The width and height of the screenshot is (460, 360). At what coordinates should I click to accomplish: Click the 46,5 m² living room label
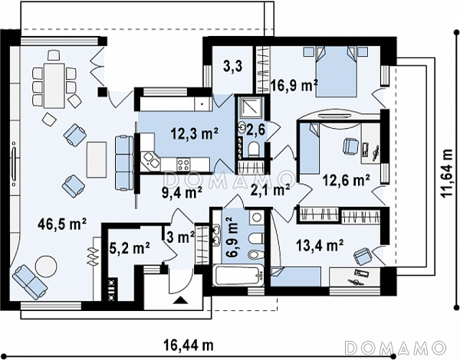62,225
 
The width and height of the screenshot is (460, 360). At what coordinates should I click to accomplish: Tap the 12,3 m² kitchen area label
195,134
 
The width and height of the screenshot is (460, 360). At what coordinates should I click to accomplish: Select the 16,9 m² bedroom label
294,86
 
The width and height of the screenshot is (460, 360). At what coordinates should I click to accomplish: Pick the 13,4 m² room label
320,245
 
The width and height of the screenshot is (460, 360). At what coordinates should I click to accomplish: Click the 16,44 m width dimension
189,346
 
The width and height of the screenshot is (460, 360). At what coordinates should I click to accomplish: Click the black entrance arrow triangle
181,300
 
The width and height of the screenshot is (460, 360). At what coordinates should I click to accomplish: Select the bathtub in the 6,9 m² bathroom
237,276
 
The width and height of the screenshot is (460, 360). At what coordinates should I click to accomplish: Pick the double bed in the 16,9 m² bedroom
336,71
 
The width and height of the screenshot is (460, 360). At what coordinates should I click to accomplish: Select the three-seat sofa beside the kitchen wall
124,163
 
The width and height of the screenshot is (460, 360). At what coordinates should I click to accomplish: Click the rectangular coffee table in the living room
97,159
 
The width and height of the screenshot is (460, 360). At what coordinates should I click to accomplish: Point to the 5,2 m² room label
130,248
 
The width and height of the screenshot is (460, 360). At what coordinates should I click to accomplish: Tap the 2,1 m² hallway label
270,190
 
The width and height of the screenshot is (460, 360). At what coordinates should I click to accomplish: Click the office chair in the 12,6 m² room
350,146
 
